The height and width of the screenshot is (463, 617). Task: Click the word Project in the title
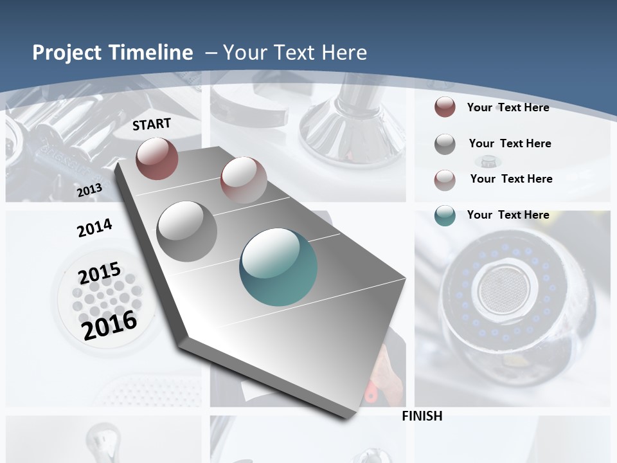coord(67,53)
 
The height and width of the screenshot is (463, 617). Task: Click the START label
coord(152,124)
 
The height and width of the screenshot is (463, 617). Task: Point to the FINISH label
coord(422,416)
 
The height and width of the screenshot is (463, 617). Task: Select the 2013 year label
coord(89,190)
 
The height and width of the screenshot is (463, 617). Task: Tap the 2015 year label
coord(100,273)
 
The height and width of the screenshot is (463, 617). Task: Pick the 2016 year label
coord(109,325)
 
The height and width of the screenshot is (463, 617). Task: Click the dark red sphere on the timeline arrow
coord(157,158)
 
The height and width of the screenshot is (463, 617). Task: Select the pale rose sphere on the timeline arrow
coord(244,180)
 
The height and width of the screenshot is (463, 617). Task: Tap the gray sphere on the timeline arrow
coord(187,231)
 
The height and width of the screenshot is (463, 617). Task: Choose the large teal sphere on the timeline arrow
coord(278,267)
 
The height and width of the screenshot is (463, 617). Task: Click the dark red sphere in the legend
coord(445,107)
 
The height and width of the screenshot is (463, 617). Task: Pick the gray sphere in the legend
coord(445,144)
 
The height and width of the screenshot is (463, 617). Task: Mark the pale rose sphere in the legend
coord(445,179)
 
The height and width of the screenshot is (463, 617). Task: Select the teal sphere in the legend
coord(445,215)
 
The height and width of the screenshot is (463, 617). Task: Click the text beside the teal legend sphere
coord(508,215)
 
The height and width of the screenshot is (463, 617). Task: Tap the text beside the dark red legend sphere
coord(508,107)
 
